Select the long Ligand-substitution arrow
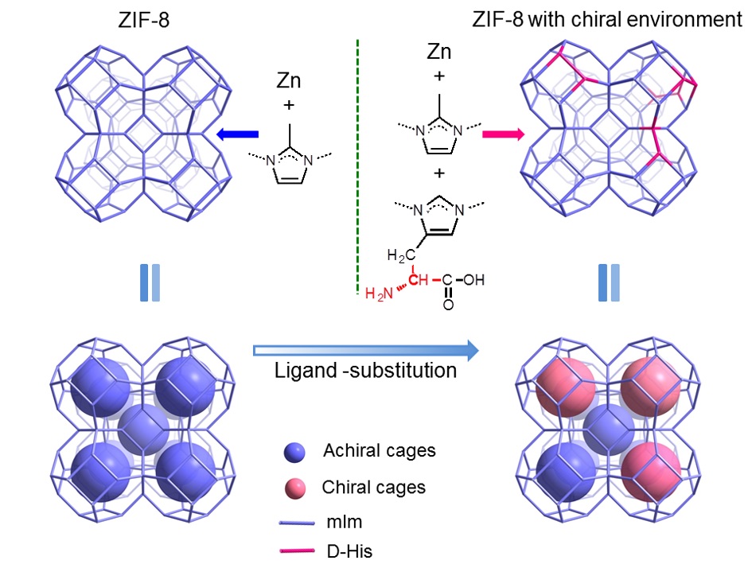[366, 349]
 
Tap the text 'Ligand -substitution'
[366, 371]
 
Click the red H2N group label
[380, 295]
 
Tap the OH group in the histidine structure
[474, 280]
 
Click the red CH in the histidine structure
[419, 280]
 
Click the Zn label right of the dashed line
[439, 53]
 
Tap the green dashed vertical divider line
[354, 159]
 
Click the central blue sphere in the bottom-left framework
[143, 429]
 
